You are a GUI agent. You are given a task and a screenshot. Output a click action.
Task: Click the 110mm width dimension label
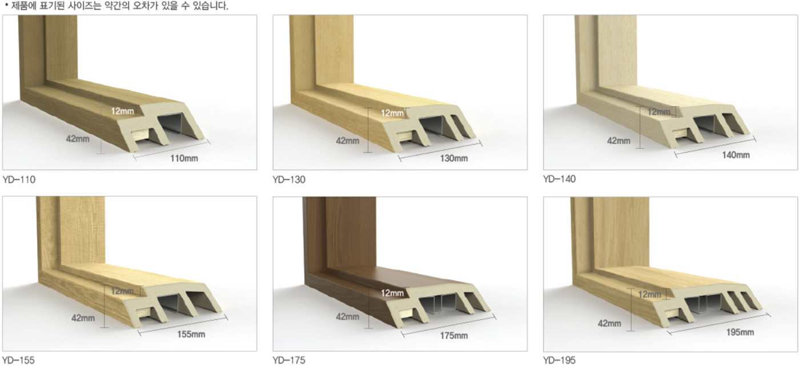click(x=184, y=158)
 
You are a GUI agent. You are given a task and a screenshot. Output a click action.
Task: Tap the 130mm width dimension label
click(x=454, y=158)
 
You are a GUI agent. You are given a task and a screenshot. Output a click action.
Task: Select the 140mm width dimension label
click(x=736, y=155)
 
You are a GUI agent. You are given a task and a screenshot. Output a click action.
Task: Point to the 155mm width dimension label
click(x=191, y=334)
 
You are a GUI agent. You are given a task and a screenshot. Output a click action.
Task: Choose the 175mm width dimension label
click(x=454, y=336)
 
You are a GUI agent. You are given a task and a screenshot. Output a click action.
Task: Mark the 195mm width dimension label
click(x=740, y=332)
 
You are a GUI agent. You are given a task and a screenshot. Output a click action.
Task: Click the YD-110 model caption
click(x=19, y=179)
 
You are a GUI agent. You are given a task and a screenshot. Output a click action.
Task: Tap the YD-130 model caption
click(x=289, y=179)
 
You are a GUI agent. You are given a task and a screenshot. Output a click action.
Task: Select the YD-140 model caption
click(x=559, y=179)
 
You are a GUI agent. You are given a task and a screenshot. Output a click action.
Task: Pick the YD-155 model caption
click(x=18, y=360)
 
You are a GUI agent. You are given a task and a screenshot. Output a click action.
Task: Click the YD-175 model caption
click(x=289, y=360)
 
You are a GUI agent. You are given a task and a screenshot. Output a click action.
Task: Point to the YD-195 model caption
click(x=559, y=360)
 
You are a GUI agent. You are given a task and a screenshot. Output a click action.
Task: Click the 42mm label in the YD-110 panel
click(x=78, y=139)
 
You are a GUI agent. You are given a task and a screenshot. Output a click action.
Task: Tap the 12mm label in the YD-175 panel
click(x=392, y=293)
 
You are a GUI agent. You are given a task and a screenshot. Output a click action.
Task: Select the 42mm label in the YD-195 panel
click(x=609, y=323)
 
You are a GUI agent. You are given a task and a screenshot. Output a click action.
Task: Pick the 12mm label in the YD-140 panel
click(x=659, y=112)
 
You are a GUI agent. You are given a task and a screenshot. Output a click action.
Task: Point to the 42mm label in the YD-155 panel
click(x=83, y=318)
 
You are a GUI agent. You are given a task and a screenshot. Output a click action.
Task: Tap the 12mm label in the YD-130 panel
click(x=392, y=113)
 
